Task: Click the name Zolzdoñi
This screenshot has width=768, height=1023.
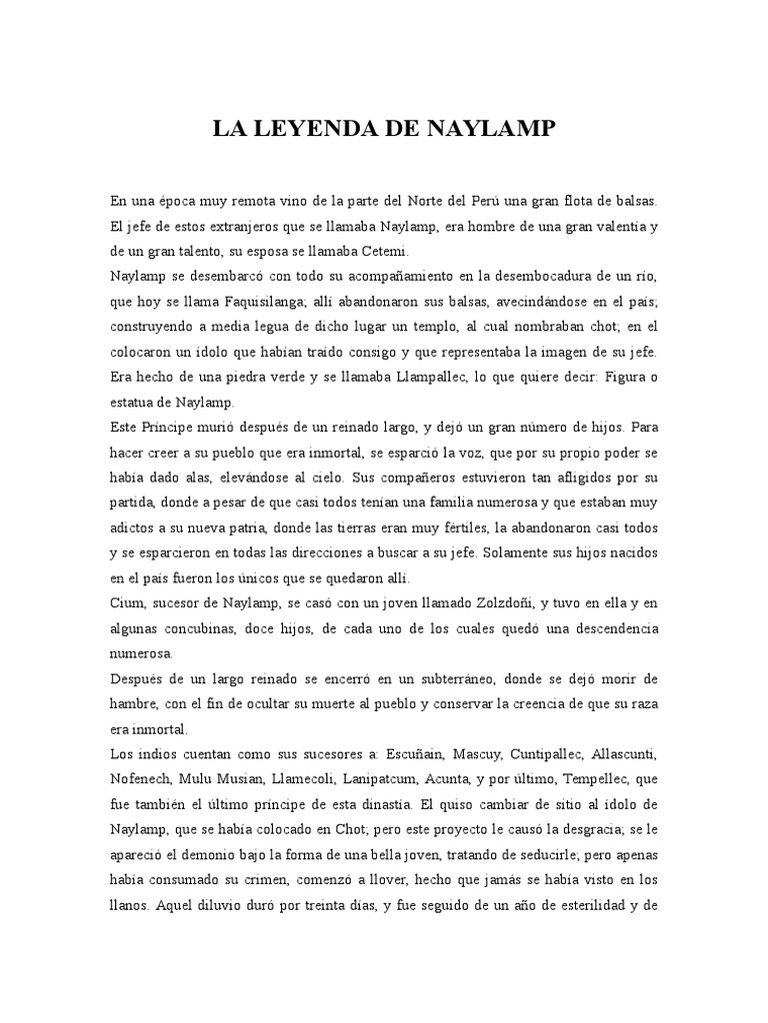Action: point(490,602)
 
